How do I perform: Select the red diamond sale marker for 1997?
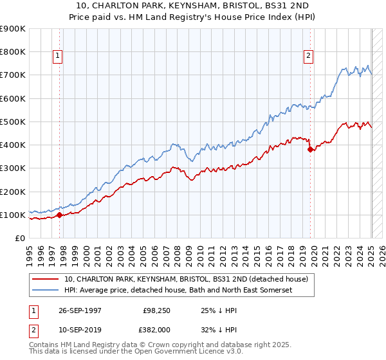click(60, 215)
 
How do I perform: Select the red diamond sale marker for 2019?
click(311, 149)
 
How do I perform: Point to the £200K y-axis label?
click(14, 192)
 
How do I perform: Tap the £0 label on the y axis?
click(19, 239)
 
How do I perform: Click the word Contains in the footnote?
click(45, 346)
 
